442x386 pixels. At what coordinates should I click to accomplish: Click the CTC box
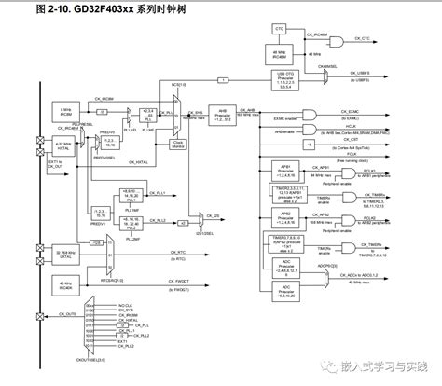point(279,29)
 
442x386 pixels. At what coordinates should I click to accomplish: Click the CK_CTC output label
point(360,39)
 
